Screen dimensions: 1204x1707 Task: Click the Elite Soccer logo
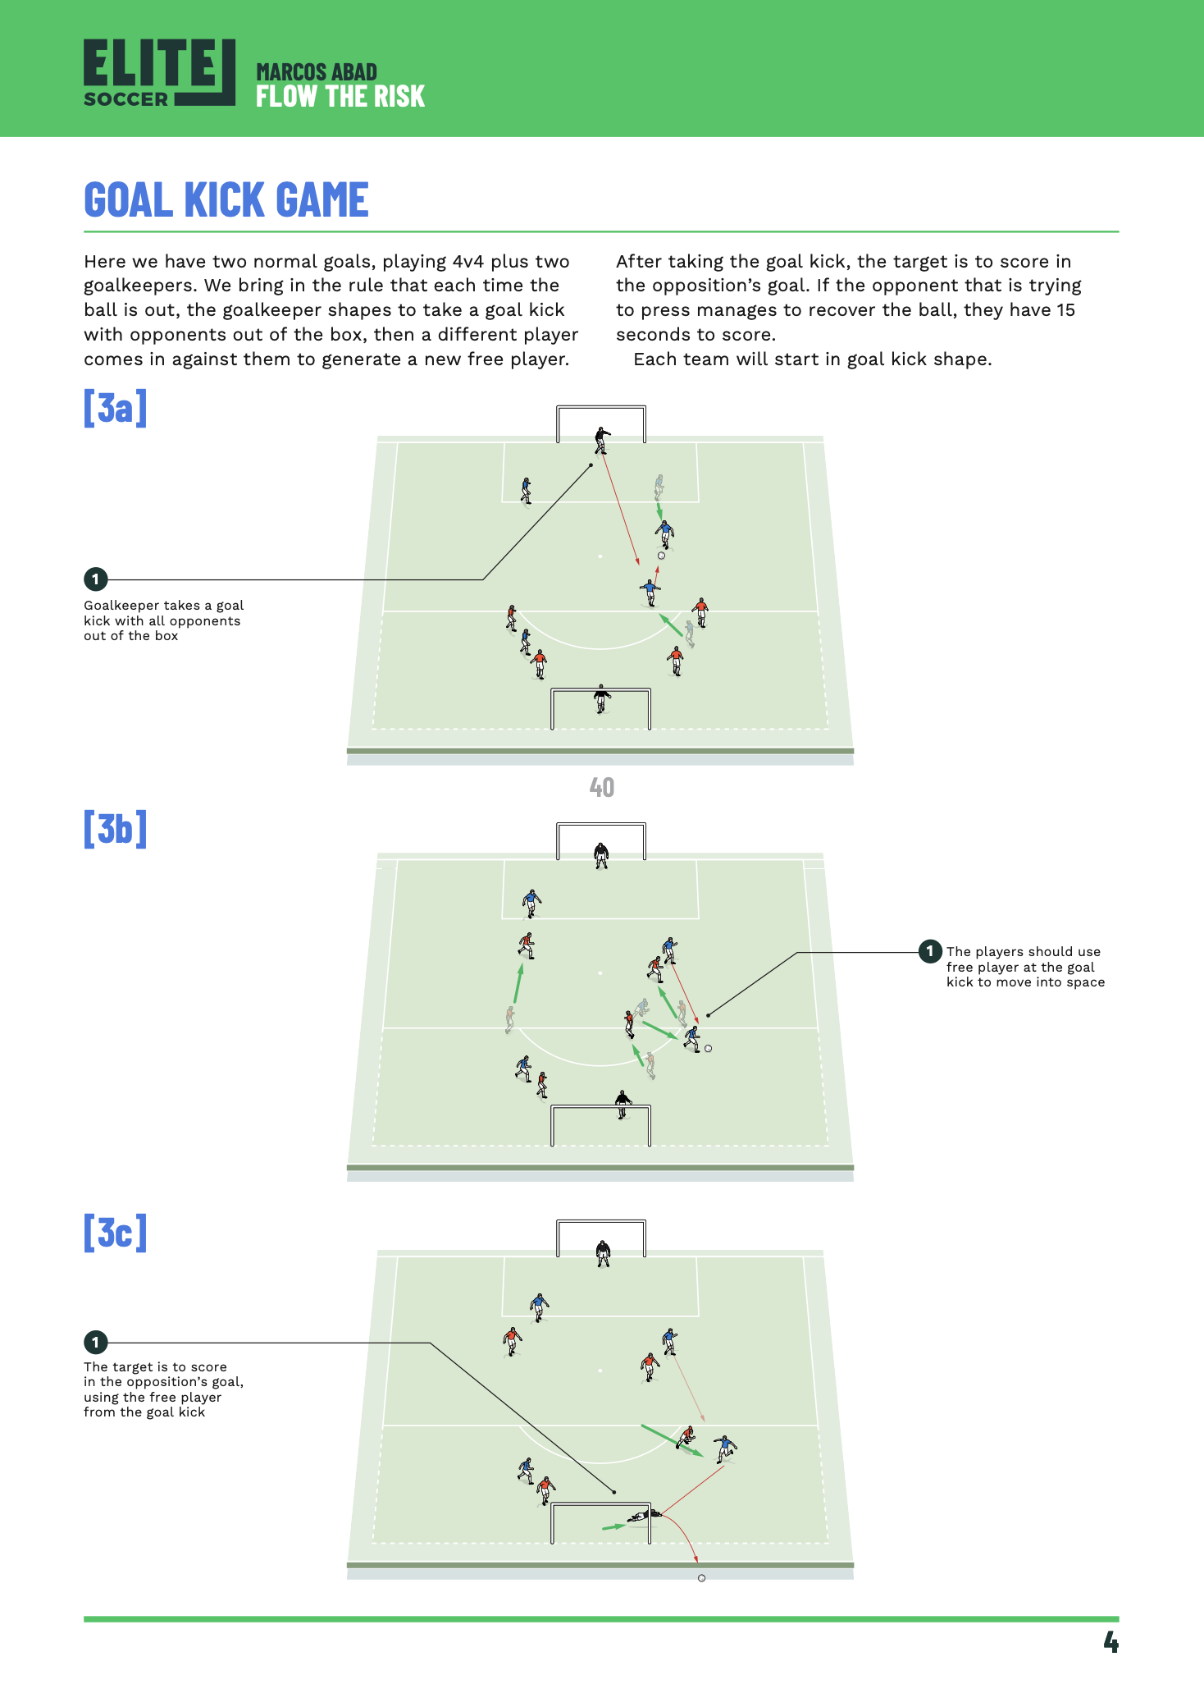[x=159, y=73]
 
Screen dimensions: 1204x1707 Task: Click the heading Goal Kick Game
[x=226, y=200]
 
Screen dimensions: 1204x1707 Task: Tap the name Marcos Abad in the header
[x=317, y=72]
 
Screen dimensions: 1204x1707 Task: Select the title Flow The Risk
[x=340, y=97]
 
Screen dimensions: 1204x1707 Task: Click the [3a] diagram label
[x=115, y=407]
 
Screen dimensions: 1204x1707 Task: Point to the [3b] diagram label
[x=115, y=829]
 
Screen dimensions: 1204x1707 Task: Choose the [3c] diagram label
[x=115, y=1233]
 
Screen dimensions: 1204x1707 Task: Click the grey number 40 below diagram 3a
[x=601, y=788]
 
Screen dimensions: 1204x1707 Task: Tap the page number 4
[x=1111, y=1642]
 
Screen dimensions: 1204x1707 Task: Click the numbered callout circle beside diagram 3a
[x=95, y=579]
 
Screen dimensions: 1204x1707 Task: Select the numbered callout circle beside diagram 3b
[x=929, y=951]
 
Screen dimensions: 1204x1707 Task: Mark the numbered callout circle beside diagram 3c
[x=95, y=1343]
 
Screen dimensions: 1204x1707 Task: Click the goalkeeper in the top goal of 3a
[x=602, y=440]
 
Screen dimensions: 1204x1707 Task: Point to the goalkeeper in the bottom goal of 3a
[x=602, y=699]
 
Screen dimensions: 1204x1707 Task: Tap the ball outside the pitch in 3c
[x=701, y=1578]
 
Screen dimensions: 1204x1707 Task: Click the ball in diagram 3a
[x=661, y=556]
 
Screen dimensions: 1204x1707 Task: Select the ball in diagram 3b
[x=709, y=1049]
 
